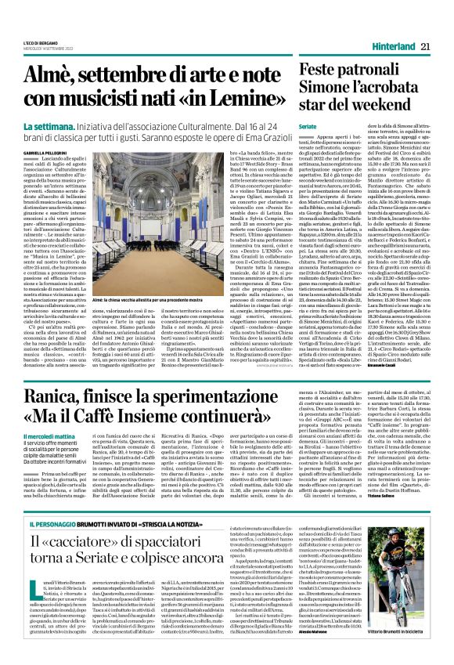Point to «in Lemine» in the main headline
click(x=232, y=99)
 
